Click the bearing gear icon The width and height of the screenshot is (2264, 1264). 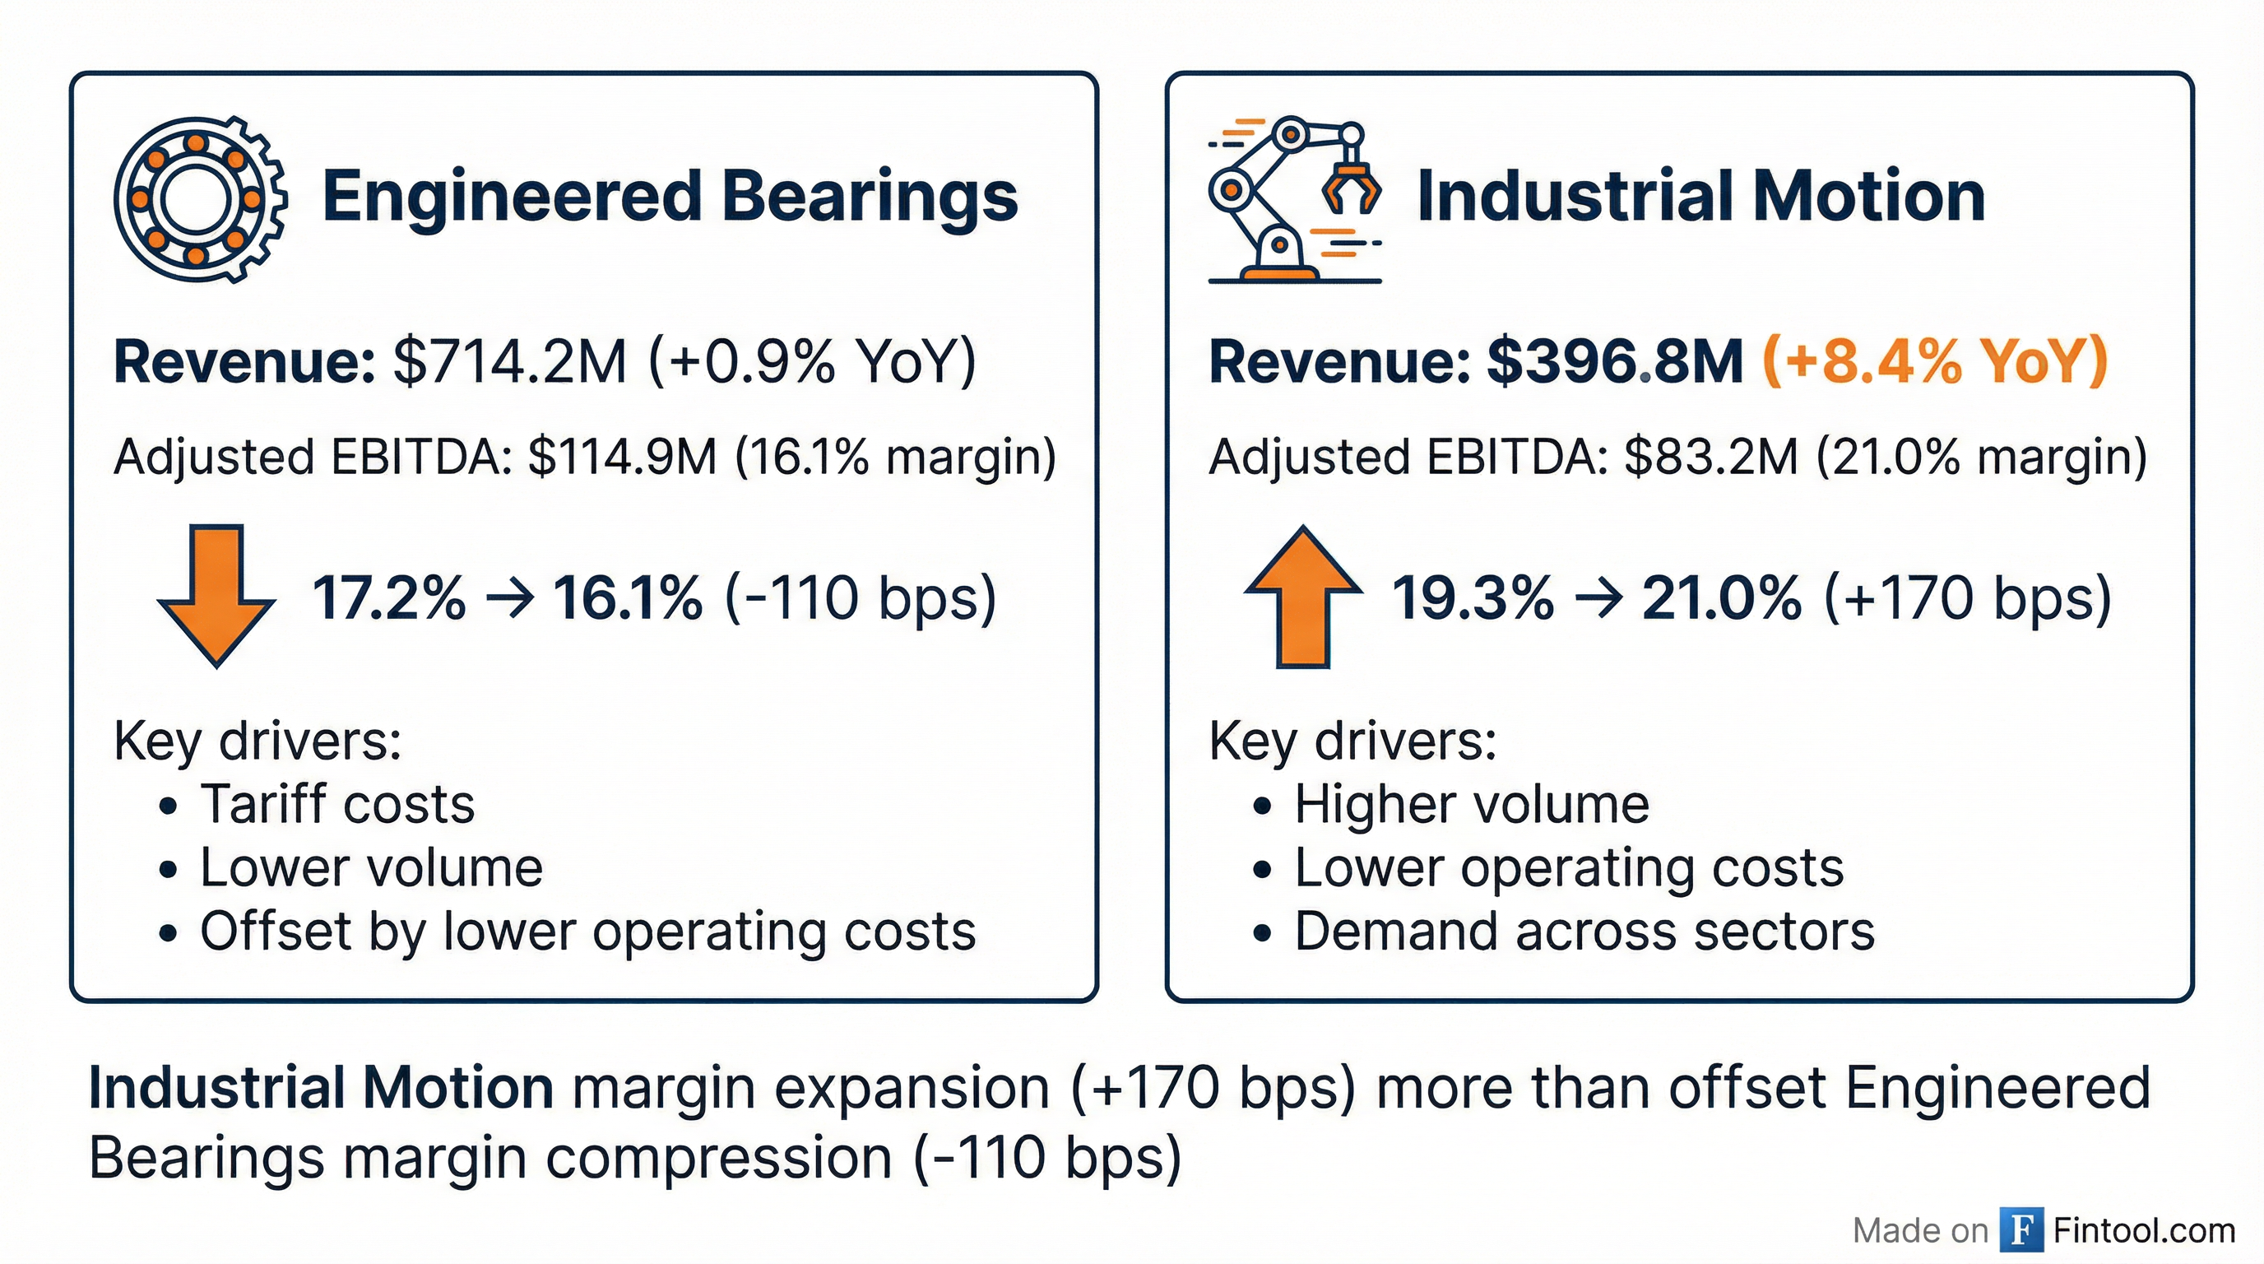[200, 199]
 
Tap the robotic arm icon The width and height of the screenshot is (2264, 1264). [1293, 201]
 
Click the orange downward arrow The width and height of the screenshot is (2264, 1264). [216, 596]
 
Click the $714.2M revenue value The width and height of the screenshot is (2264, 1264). [510, 361]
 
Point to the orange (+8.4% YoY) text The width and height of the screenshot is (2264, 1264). [1935, 361]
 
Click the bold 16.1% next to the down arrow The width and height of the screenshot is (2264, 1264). [628, 598]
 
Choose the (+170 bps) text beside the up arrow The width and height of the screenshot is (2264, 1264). [1967, 598]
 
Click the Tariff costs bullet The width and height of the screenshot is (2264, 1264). [337, 804]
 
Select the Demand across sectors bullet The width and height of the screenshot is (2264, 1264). [1584, 932]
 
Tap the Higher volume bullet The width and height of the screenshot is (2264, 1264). [1471, 804]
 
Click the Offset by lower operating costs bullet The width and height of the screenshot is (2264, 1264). [587, 932]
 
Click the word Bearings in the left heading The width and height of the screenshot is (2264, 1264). [870, 197]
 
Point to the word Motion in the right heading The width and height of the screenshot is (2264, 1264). [1868, 197]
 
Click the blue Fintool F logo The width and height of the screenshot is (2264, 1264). [2021, 1229]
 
